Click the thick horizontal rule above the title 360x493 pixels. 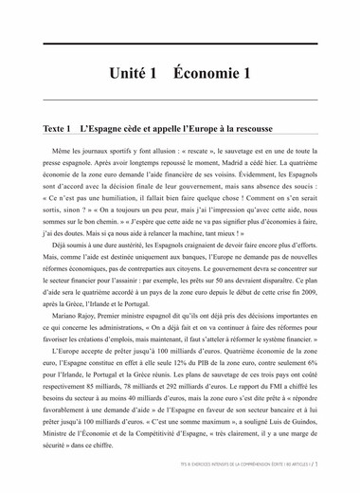click(x=180, y=43)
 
